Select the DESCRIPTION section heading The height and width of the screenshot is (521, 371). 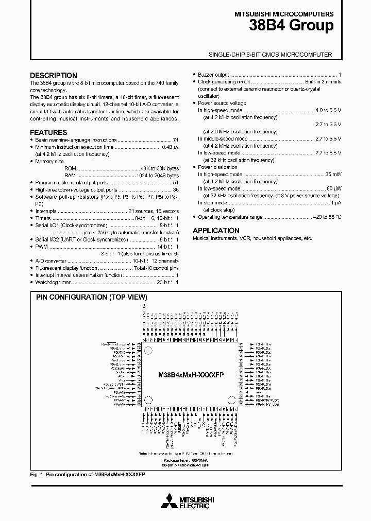[54, 75]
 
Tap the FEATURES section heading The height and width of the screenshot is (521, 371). [48, 132]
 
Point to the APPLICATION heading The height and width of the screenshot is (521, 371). [216, 231]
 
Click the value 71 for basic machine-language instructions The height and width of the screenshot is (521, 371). [176, 140]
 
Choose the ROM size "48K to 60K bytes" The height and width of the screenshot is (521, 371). [159, 168]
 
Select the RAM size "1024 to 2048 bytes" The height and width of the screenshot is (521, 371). [157, 176]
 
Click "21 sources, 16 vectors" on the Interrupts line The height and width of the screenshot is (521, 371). [153, 212]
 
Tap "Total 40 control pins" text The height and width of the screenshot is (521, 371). [156, 269]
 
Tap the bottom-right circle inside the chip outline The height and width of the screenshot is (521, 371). [231, 399]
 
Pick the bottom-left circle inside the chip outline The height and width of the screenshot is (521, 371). [148, 399]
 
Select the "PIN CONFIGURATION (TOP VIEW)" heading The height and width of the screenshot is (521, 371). [91, 297]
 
